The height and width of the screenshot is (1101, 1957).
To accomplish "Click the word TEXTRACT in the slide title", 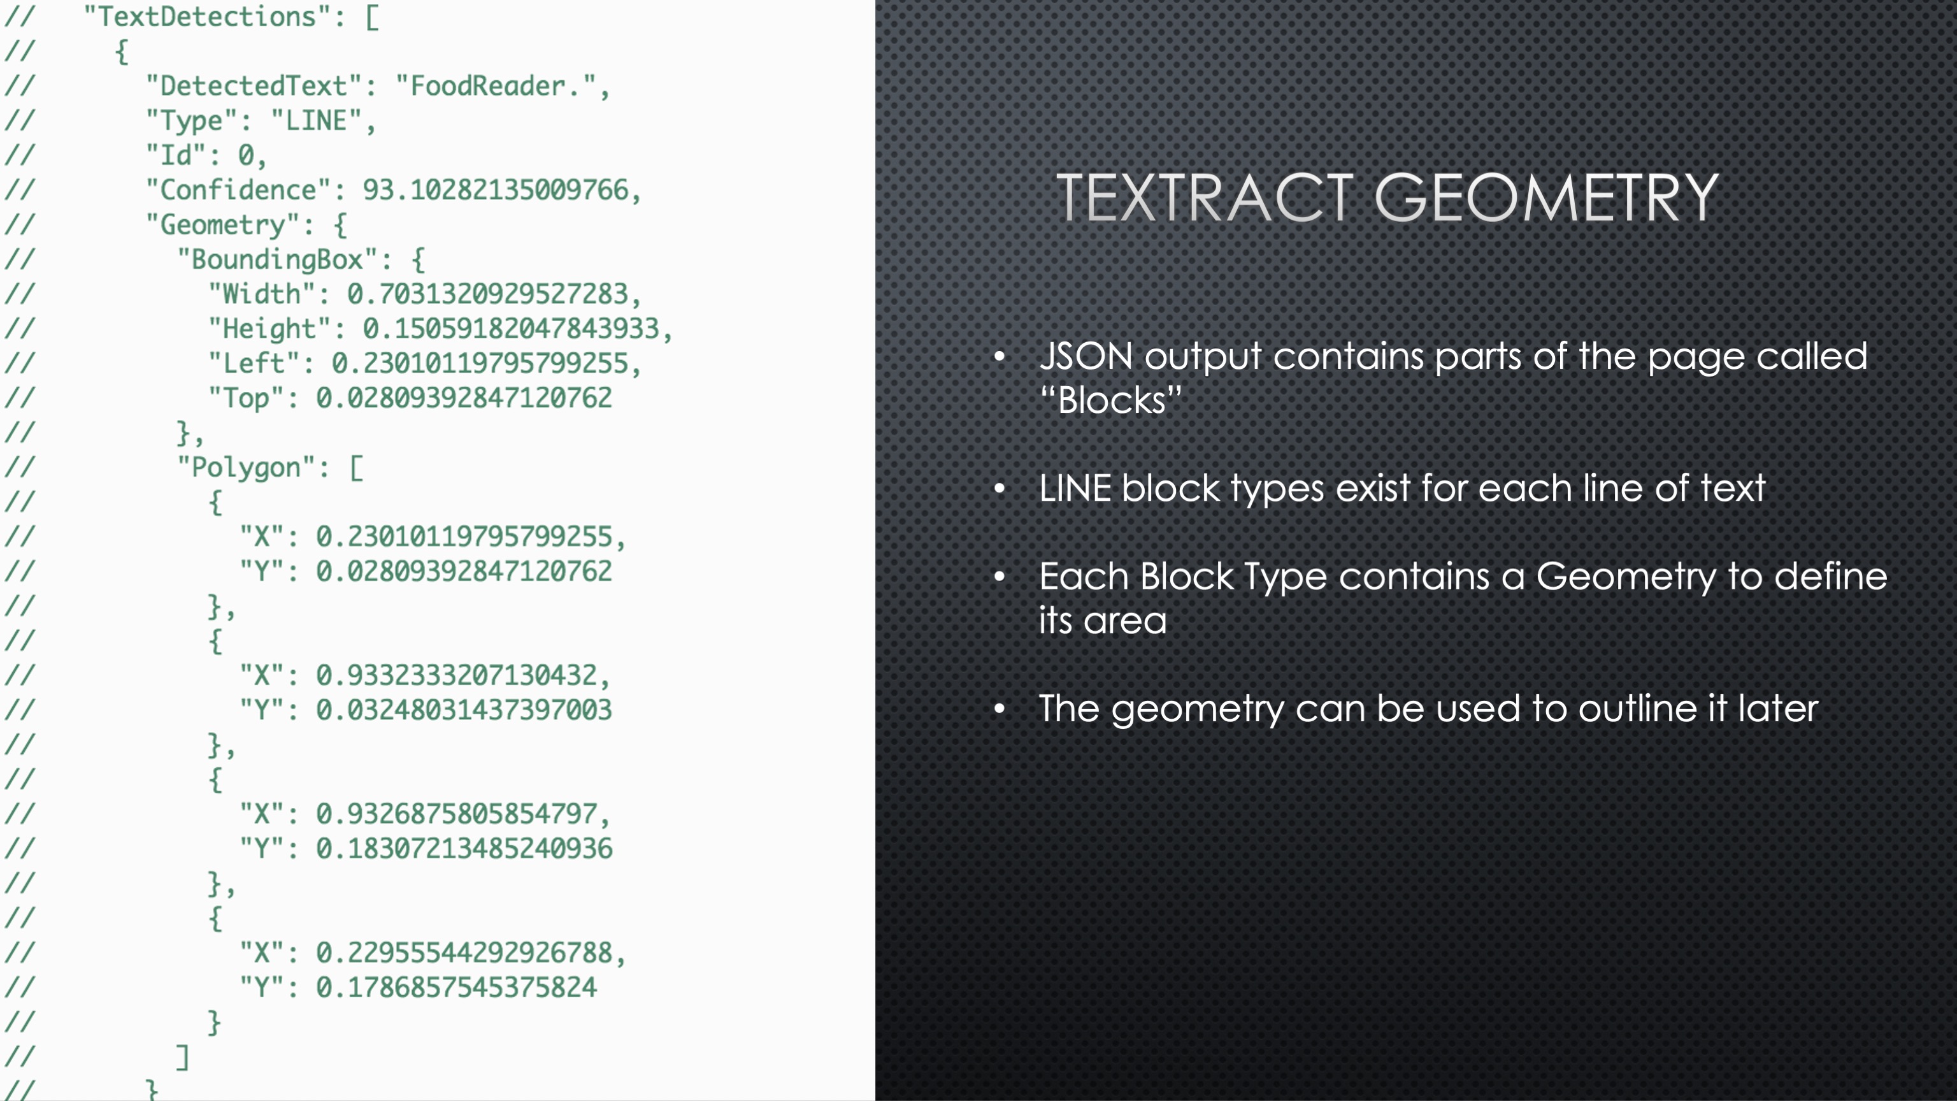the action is coord(1205,198).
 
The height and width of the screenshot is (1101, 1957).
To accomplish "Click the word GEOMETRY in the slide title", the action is coord(1547,198).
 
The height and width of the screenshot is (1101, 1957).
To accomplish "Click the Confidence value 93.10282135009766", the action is coord(496,190).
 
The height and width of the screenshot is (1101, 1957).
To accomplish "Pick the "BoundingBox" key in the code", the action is coord(277,259).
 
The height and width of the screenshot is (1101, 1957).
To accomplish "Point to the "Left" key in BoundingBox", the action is coord(255,363).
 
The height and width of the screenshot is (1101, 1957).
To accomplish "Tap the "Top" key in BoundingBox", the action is coord(247,398).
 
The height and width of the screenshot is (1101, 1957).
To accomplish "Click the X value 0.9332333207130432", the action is coord(457,675).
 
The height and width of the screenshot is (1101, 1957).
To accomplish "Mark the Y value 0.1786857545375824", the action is coord(457,988).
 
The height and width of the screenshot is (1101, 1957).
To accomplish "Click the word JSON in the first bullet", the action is coord(1086,356).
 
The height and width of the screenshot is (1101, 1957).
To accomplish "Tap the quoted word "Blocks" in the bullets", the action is coord(1111,399).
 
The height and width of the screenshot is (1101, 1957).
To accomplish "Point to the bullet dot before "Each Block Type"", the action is coord(1000,577).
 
